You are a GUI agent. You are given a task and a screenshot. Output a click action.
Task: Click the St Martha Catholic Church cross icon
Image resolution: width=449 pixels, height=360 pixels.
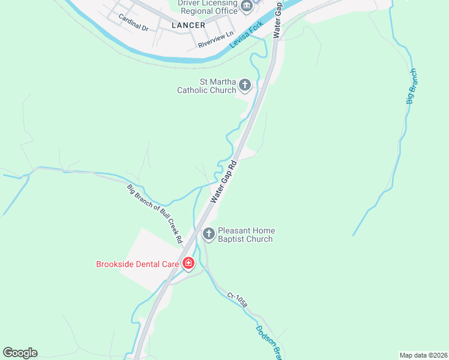pos(245,85)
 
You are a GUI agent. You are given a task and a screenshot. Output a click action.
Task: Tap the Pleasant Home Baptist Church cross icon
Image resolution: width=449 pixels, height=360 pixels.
pos(208,234)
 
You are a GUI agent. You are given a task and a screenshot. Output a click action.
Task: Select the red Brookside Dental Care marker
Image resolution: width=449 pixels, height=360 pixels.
pos(188,263)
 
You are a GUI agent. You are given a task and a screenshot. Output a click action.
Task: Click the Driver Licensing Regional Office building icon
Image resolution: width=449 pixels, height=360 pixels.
pos(246,7)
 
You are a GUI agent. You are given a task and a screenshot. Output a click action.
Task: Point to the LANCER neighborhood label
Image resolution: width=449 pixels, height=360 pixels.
pos(188,26)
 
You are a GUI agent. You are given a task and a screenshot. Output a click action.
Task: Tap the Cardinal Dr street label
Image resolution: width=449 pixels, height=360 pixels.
pos(133,22)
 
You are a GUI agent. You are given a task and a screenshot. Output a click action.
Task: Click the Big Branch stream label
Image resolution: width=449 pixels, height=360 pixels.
pos(411,87)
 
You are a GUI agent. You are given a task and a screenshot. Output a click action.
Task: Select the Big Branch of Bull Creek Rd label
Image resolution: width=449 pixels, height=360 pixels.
pos(155,213)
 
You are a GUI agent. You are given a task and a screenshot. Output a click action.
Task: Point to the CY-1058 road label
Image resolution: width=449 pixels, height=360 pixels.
pos(238,304)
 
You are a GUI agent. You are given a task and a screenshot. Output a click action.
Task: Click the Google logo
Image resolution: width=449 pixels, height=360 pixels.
pos(20,353)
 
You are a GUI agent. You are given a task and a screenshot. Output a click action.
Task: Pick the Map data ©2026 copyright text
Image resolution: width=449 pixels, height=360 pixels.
pos(423,355)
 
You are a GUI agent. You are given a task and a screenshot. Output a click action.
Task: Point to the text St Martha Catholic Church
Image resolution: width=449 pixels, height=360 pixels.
pos(206,86)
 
